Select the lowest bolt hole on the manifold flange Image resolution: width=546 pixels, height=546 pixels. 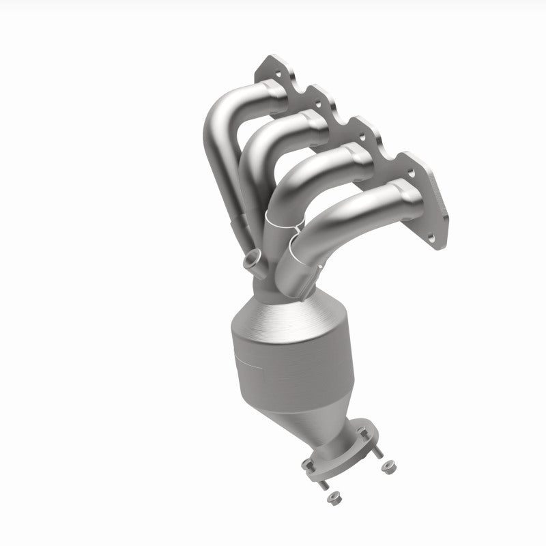point(430,238)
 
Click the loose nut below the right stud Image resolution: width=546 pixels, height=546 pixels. point(390,467)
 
